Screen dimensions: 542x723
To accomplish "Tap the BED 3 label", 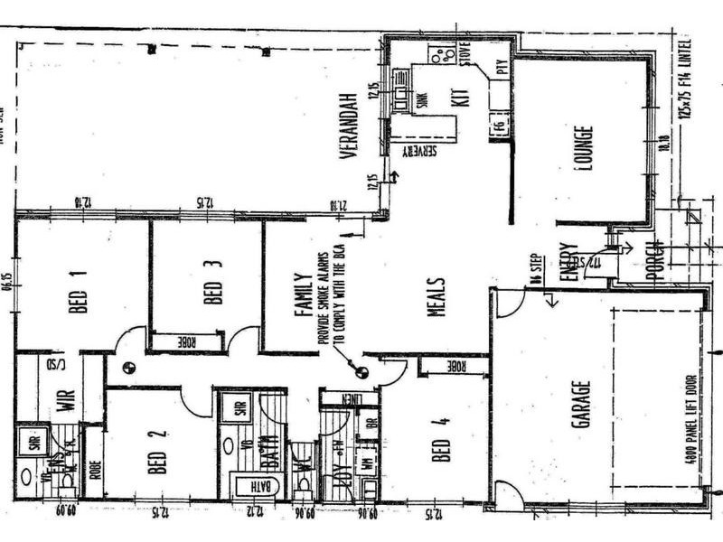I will [x=212, y=282].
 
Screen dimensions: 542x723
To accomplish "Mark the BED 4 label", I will [x=440, y=439].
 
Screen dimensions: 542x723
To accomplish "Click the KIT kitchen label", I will [x=465, y=93].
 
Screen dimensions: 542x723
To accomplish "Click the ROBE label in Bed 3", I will [x=185, y=341].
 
